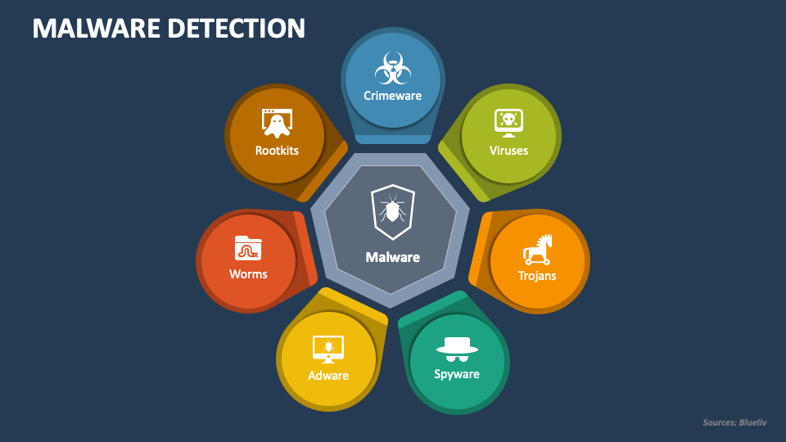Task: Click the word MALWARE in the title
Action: [x=97, y=28]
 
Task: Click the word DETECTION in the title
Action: [x=237, y=28]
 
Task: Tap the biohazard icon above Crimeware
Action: [x=393, y=68]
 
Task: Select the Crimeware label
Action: [x=392, y=96]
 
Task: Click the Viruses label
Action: [x=508, y=151]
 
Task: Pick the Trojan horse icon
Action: [x=537, y=250]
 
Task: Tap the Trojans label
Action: [x=537, y=276]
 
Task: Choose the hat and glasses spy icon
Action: [x=457, y=350]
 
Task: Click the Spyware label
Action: [x=457, y=374]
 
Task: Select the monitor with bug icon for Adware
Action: [x=328, y=350]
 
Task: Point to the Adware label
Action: [x=328, y=376]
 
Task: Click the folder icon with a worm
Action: [x=248, y=248]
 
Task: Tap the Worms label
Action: [x=248, y=274]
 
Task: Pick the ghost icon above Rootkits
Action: [x=277, y=124]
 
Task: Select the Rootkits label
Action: [x=277, y=151]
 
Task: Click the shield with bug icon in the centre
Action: [x=392, y=212]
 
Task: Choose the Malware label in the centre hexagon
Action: [x=392, y=257]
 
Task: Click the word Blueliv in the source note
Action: [x=753, y=422]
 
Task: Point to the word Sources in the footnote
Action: [x=720, y=422]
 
